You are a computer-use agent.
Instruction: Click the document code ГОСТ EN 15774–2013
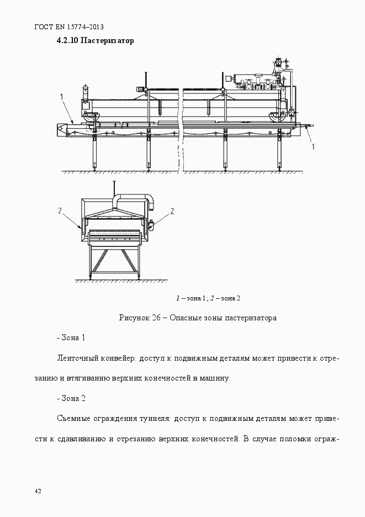[x=70, y=27]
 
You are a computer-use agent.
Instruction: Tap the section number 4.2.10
[x=67, y=41]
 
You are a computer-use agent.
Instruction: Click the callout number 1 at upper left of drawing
[x=62, y=97]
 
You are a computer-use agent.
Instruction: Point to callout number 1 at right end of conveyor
[x=314, y=146]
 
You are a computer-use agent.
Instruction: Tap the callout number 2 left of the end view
[x=60, y=210]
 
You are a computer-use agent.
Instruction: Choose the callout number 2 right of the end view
[x=172, y=210]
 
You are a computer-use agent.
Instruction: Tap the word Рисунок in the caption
[x=134, y=318]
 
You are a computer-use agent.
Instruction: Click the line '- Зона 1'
[x=71, y=337]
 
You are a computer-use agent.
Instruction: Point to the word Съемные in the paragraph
[x=73, y=419]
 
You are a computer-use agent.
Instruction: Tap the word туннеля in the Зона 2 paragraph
[x=156, y=419]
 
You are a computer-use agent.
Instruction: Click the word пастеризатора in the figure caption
[x=250, y=318]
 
